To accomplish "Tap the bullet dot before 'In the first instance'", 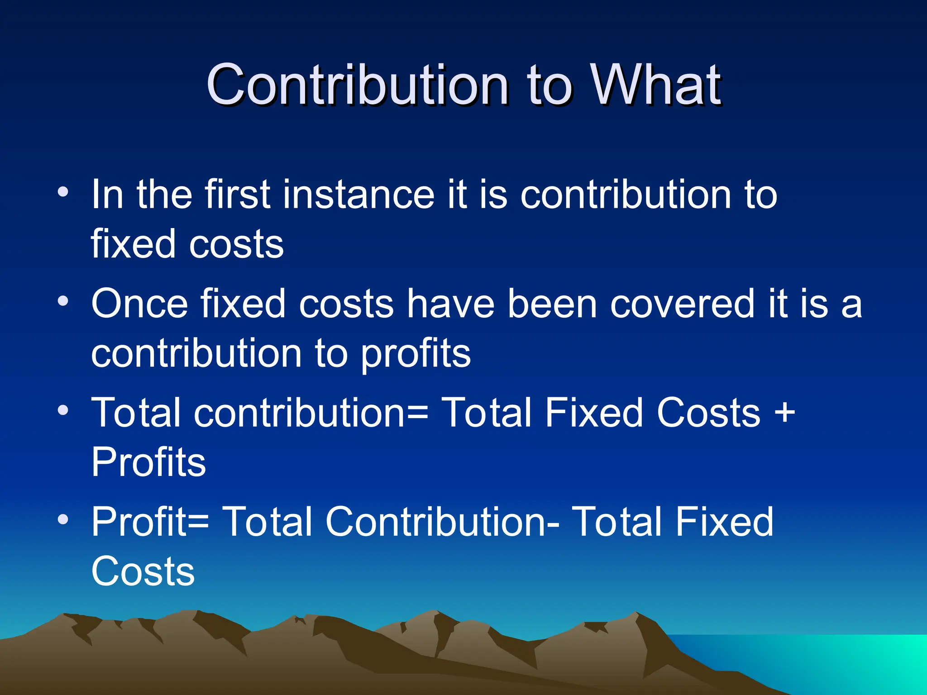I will (63, 192).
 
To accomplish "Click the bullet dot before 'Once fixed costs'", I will (63, 301).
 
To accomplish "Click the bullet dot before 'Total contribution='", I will (63, 410).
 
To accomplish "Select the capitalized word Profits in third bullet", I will (148, 462).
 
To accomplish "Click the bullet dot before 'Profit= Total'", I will (63, 519).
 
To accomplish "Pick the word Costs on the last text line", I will (143, 571).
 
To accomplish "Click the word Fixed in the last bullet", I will (724, 522).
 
